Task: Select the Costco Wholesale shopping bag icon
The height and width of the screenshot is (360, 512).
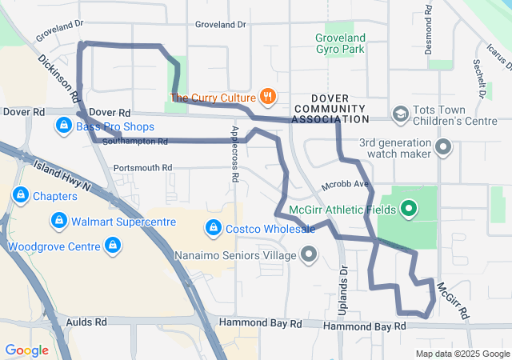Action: [x=212, y=229]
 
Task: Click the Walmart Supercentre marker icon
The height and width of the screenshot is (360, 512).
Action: [x=58, y=220]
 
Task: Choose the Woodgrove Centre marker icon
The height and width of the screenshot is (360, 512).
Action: [x=114, y=245]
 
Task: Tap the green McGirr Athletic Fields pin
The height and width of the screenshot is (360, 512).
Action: [x=409, y=210]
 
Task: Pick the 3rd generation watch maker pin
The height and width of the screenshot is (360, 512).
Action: [x=445, y=148]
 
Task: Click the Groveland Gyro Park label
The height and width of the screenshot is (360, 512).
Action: [x=340, y=43]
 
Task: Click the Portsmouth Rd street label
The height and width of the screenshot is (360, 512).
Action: [x=142, y=168]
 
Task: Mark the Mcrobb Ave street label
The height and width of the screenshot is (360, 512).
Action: [x=345, y=186]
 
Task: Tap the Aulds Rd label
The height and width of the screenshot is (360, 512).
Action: [x=89, y=322]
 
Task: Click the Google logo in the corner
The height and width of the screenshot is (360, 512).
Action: [x=26, y=350]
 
